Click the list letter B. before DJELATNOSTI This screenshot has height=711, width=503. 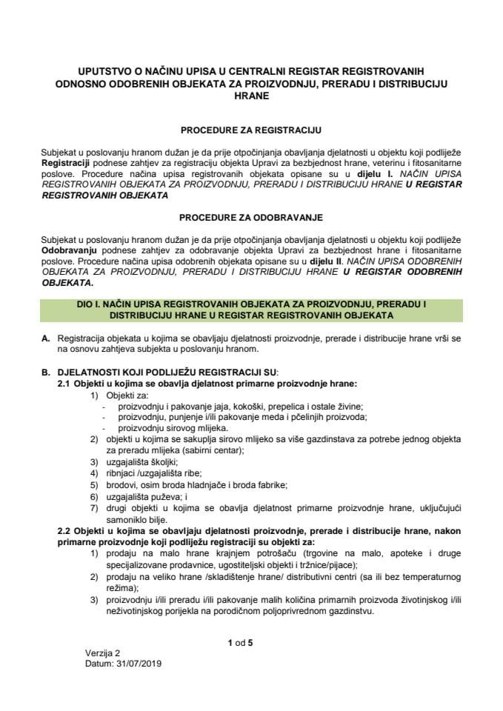46,371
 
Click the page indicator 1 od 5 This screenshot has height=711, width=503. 241,643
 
